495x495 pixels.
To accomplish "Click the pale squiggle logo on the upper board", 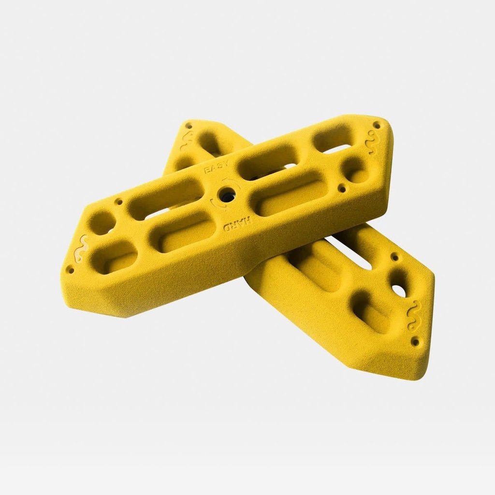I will point(80,247).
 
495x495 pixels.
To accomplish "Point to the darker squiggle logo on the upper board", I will point(371,144).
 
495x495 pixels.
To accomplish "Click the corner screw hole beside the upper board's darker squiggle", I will point(377,125).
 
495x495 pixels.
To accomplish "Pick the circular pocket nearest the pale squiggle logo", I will point(102,222).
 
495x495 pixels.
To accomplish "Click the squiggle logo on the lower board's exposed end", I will point(414,315).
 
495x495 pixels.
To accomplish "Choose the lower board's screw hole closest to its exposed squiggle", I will point(415,341).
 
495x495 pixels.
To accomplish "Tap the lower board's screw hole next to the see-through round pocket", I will point(395,257).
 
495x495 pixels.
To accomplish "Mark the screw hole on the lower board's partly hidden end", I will point(189,126).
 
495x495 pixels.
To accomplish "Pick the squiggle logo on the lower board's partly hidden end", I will point(186,141).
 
